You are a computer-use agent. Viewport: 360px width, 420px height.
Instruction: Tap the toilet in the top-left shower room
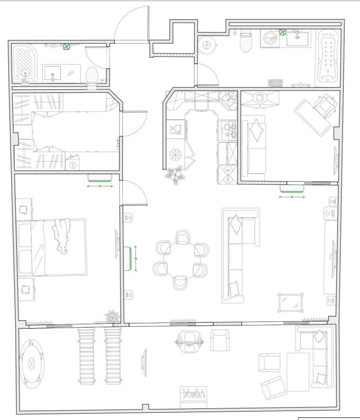pos(92,77)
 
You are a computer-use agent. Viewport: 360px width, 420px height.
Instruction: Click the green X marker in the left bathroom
pos(67,47)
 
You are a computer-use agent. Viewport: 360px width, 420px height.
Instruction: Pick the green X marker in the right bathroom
pos(282,32)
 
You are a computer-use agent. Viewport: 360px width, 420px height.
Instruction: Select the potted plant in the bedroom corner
pos(112,317)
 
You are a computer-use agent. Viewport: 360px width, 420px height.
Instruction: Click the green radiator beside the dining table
pos(128,258)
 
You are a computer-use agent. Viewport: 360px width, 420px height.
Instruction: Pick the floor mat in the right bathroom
pos(276,83)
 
